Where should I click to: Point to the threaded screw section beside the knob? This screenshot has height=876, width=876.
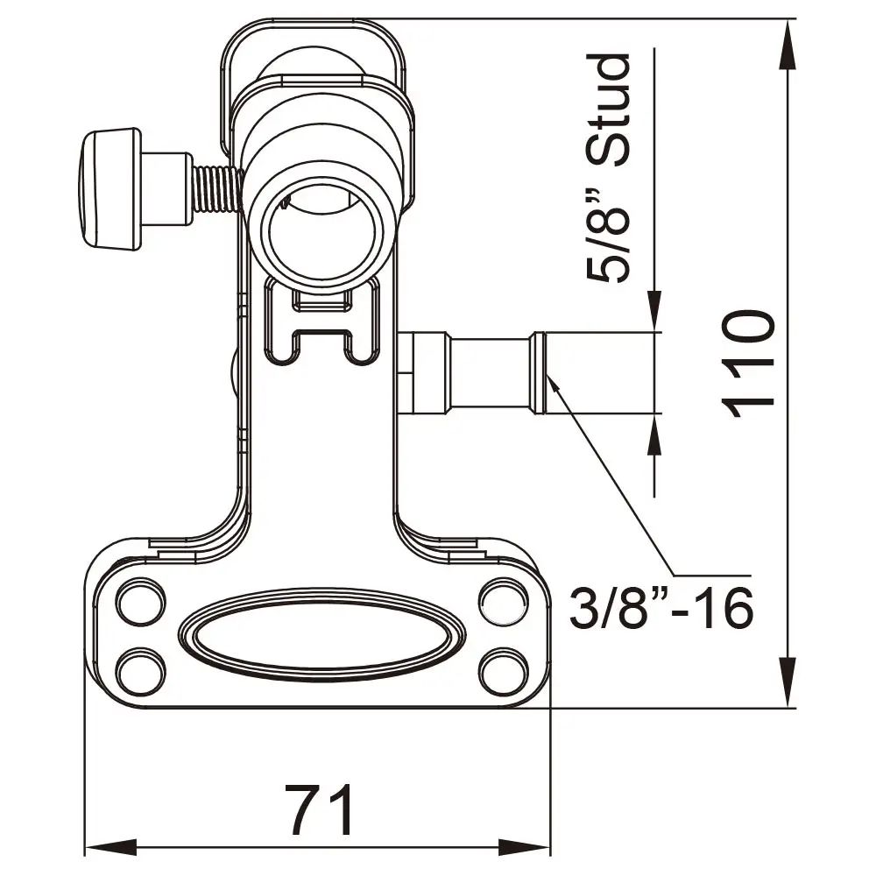[x=215, y=188]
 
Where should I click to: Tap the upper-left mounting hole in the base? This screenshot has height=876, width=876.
[x=140, y=603]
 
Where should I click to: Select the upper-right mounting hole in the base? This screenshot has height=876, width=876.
[x=502, y=603]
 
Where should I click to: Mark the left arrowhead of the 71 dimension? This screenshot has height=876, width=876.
[x=109, y=848]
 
